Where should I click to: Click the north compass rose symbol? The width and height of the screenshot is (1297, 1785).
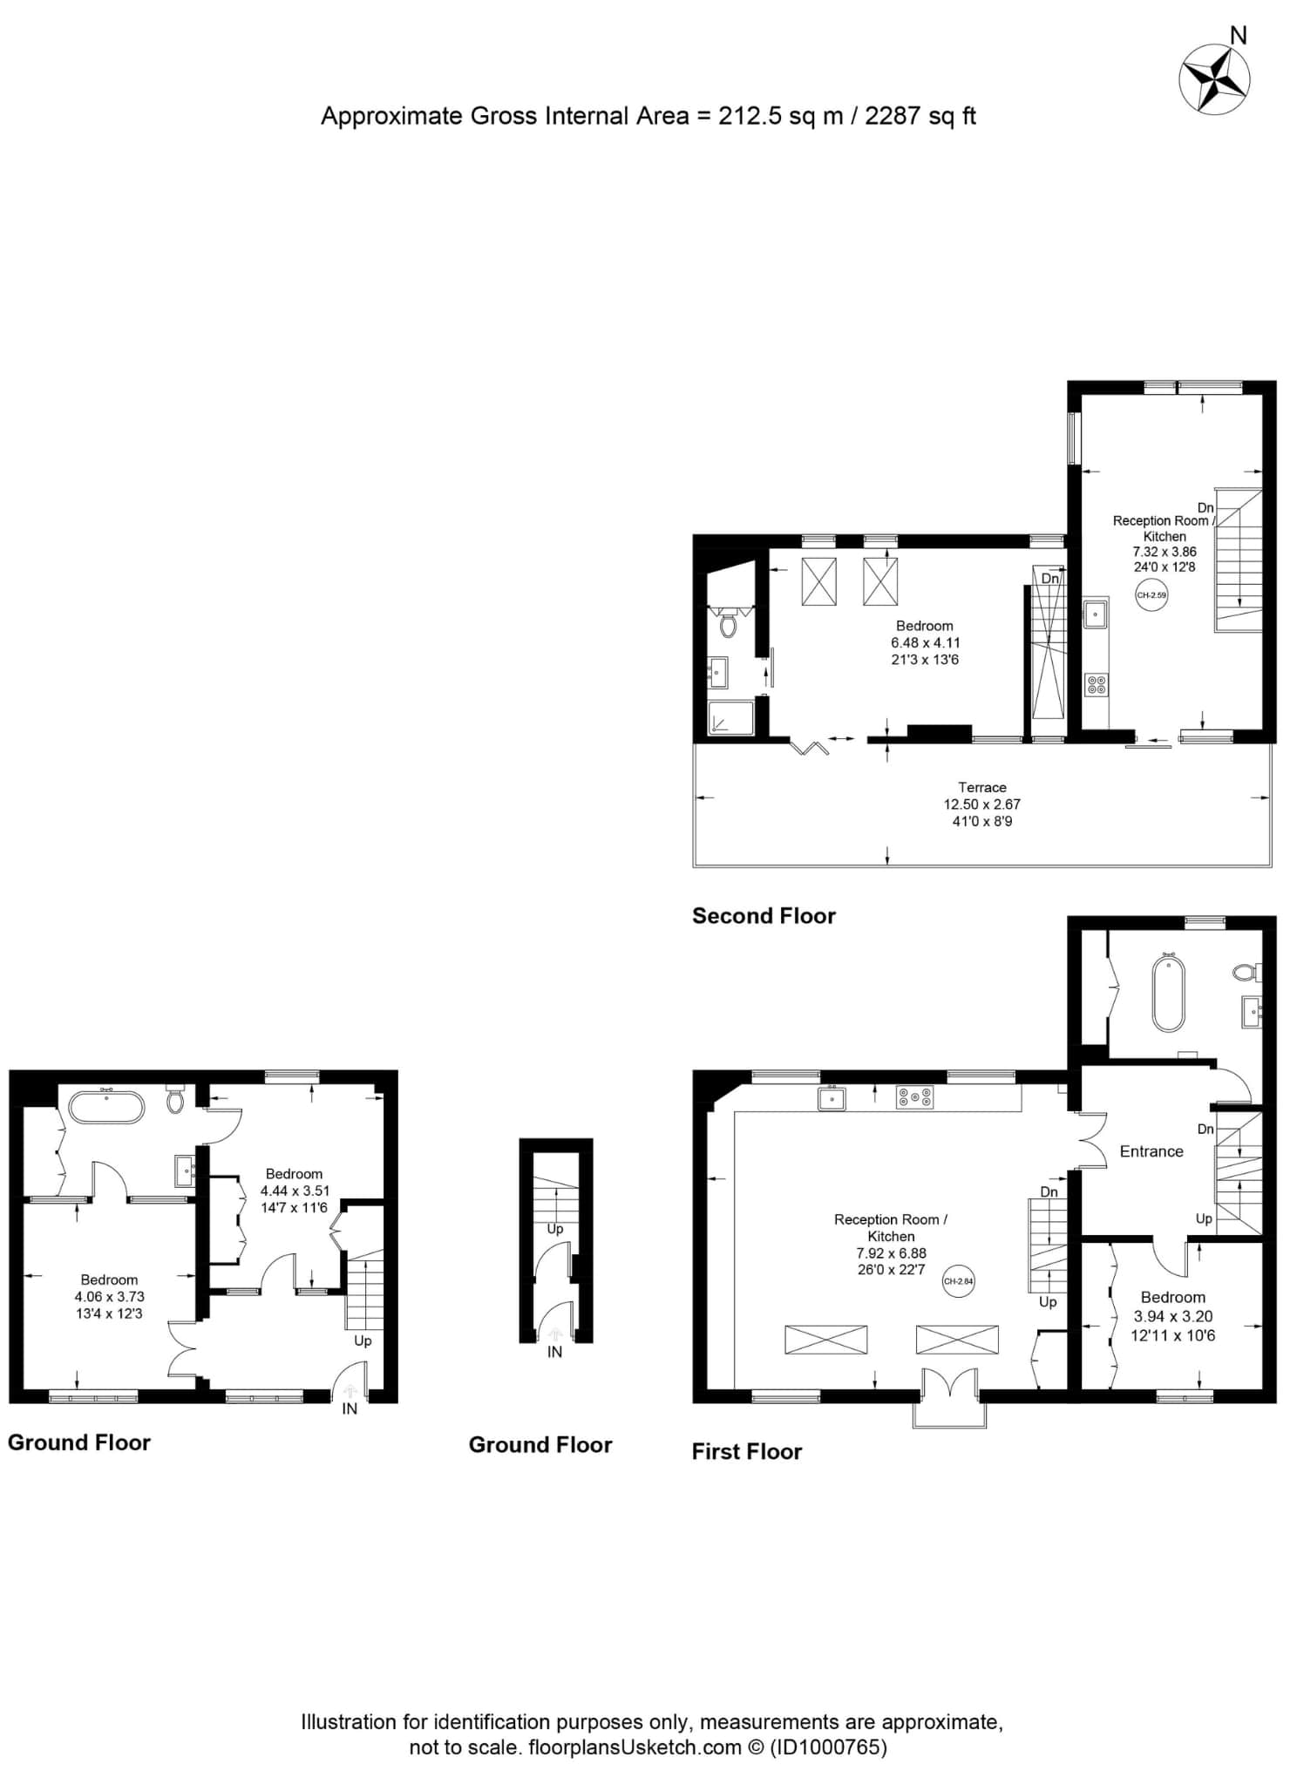1214,79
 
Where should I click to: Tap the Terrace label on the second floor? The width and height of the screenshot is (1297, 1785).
982,787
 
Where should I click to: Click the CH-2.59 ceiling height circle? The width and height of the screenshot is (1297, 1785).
1151,595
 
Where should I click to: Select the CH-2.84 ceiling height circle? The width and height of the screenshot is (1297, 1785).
958,1281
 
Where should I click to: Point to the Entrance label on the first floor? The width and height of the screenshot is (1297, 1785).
1151,1151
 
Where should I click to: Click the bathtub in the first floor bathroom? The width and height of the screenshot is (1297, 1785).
1168,993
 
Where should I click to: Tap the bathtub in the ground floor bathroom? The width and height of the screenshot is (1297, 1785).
106,1105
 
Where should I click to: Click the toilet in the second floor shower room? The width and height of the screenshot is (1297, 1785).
728,625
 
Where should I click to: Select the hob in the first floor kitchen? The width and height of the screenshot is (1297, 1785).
914,1097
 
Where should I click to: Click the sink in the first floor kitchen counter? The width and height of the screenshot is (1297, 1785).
832,1098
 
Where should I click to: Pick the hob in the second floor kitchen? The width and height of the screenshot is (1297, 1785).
1097,685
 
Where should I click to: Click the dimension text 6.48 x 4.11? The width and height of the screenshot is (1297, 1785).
925,642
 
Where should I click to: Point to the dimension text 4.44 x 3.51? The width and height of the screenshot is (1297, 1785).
295,1191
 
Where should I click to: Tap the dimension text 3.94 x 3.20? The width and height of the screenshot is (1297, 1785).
1173,1316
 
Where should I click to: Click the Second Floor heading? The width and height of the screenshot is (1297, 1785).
764,916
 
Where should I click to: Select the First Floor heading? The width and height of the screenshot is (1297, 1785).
747,1451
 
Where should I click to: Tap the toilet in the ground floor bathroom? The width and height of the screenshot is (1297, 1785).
175,1100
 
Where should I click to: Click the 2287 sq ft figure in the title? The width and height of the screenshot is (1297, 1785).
920,116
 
